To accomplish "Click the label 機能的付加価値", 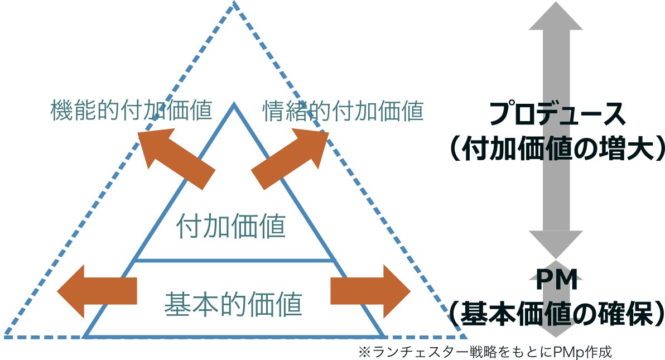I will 131,111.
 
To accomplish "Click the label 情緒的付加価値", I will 343,111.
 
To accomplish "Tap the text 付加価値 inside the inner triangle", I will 231,227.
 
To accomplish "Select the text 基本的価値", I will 233,304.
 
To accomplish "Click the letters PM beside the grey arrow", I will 556,280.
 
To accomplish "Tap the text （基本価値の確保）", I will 556,314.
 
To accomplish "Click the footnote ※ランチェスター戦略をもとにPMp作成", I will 485,353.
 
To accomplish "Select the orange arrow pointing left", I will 97,291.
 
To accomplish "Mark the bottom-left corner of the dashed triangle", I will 5,337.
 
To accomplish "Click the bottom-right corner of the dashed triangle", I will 466,337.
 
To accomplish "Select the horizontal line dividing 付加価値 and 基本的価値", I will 235,261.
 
